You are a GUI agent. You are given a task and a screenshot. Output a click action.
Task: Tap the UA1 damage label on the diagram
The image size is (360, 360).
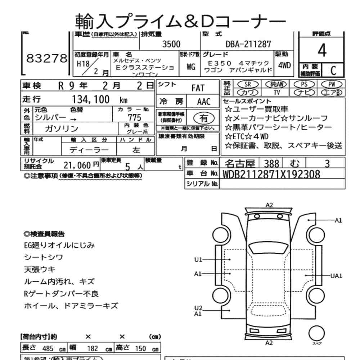pos(336,276)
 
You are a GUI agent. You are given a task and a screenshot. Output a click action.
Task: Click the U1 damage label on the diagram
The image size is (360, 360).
pos(199,259)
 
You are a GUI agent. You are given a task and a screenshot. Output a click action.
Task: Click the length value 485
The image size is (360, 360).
pos(48,348)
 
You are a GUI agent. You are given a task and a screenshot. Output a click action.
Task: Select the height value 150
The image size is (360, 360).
pos(140,348)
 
